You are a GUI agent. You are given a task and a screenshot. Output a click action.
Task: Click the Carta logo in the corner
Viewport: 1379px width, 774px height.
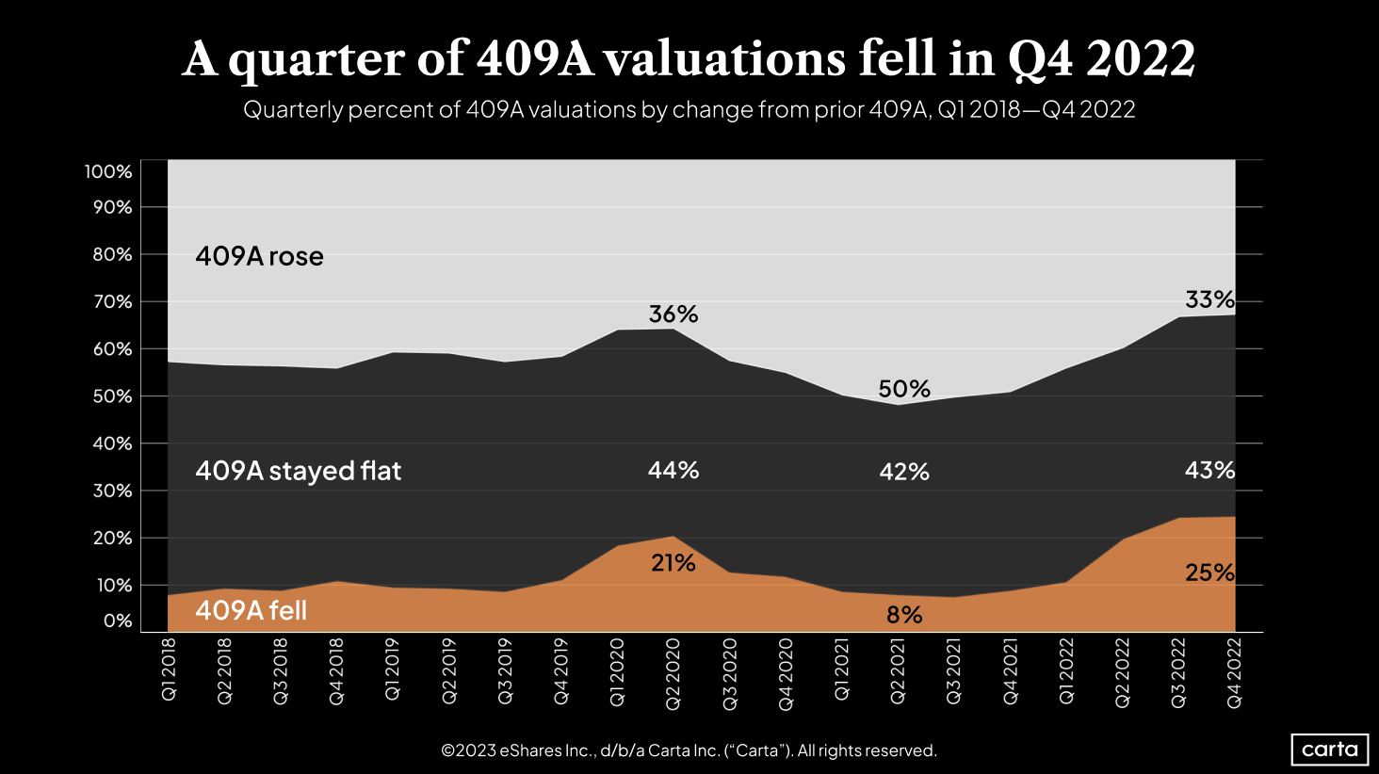tap(1329, 750)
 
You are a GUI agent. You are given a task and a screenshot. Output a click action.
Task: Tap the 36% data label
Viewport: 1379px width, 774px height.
tap(673, 314)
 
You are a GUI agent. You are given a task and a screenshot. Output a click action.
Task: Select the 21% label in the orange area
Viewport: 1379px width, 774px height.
tap(673, 563)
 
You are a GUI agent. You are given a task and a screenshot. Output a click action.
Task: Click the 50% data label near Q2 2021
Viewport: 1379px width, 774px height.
tap(904, 389)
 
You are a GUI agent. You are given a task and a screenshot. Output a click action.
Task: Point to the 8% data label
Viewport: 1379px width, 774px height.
tap(904, 615)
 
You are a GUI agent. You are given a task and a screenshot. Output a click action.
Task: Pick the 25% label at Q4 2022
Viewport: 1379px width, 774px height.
tap(1209, 572)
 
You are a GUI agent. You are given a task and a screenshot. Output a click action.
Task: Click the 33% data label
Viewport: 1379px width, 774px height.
tap(1209, 299)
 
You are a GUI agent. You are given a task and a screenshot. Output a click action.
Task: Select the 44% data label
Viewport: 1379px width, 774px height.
tap(673, 470)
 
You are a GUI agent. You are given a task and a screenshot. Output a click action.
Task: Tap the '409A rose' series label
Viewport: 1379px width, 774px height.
tap(259, 256)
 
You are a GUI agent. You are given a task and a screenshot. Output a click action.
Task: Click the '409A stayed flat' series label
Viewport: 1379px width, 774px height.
tap(298, 470)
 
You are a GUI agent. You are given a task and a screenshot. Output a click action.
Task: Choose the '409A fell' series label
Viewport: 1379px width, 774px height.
tap(251, 610)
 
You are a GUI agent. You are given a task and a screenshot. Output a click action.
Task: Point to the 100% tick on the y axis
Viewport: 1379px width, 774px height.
tap(108, 171)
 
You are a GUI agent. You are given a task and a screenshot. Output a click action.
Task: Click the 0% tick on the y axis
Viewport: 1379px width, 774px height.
tap(118, 621)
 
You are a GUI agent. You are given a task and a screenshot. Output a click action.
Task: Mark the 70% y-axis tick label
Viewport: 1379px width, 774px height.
tap(112, 302)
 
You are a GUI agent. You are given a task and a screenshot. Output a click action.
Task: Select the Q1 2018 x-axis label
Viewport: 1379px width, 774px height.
tap(169, 669)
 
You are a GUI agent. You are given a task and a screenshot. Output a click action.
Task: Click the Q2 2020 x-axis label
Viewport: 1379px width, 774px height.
tap(673, 672)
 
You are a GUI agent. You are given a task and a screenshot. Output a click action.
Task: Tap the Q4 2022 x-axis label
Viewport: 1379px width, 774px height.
tap(1235, 672)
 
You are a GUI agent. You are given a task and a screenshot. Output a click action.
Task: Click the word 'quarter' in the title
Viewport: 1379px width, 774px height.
tap(346, 58)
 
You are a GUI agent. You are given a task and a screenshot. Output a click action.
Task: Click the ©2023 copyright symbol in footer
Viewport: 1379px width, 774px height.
tap(447, 750)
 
